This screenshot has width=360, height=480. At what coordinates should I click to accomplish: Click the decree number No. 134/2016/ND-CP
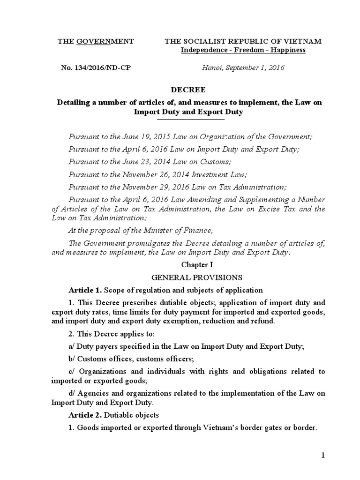[x=96, y=68]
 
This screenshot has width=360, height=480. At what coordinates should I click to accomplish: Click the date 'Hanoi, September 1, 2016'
[x=243, y=68]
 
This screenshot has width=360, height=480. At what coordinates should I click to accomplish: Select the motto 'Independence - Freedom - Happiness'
[x=243, y=50]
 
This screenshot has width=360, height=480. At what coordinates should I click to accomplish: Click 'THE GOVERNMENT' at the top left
[x=96, y=41]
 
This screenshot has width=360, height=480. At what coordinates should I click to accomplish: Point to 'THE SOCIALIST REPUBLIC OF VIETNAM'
[x=243, y=41]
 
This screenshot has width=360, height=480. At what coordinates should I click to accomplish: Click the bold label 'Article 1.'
[x=85, y=290]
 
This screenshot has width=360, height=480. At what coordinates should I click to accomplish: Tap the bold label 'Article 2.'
[x=85, y=415]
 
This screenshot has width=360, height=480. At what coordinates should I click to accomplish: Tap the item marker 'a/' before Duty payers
[x=72, y=346]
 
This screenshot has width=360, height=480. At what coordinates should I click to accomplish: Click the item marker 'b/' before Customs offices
[x=72, y=359]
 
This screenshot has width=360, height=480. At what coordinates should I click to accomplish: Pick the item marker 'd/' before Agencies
[x=72, y=393]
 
